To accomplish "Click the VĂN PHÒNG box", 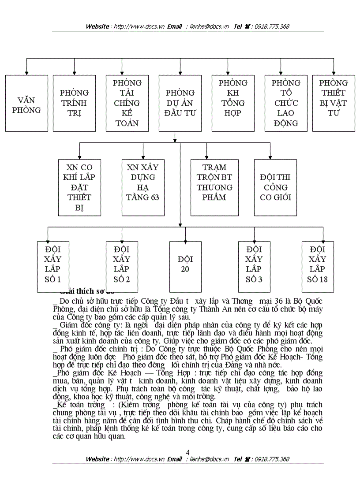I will tap(26, 103).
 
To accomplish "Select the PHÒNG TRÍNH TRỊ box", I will tap(74, 103).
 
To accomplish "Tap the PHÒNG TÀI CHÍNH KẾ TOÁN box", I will tap(127, 103).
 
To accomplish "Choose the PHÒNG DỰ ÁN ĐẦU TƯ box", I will tap(180, 103).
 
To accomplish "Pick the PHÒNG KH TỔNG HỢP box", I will tap(233, 103).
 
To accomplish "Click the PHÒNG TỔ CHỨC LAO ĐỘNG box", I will tap(286, 103).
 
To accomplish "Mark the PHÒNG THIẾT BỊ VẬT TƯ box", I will tap(334, 103).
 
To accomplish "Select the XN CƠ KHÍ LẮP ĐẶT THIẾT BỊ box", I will tap(79, 187).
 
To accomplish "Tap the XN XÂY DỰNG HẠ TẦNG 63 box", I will tap(143, 187).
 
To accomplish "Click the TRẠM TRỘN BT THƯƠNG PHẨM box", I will tap(214, 187).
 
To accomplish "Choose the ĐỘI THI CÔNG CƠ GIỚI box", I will tap(276, 187).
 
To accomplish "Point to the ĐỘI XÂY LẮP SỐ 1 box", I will tap(53, 267).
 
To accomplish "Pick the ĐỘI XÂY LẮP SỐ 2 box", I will tap(122, 267).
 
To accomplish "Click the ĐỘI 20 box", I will tap(185, 267).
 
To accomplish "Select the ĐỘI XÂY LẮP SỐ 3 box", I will tap(254, 267).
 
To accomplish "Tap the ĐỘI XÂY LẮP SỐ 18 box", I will tap(318, 267).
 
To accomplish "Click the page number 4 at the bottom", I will tap(188, 453).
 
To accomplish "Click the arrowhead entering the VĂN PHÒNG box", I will tap(26, 72).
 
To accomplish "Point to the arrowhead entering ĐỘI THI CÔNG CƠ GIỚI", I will tap(270, 156).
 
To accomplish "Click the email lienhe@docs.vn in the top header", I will tap(210, 26).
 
